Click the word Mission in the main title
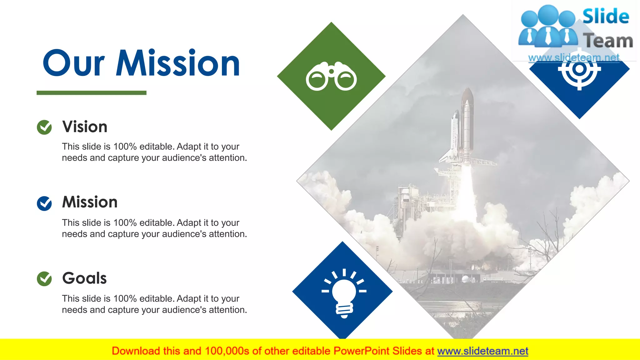(177, 63)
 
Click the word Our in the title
(74, 63)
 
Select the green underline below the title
(91, 93)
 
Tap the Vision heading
(85, 127)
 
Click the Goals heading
(84, 278)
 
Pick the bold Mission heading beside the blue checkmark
(90, 202)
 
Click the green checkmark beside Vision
(44, 127)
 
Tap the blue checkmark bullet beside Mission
(44, 203)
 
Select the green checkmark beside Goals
(44, 279)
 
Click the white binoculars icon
(331, 76)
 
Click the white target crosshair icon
(579, 69)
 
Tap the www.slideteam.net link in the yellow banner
(482, 351)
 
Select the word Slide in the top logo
(606, 16)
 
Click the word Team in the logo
(608, 41)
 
